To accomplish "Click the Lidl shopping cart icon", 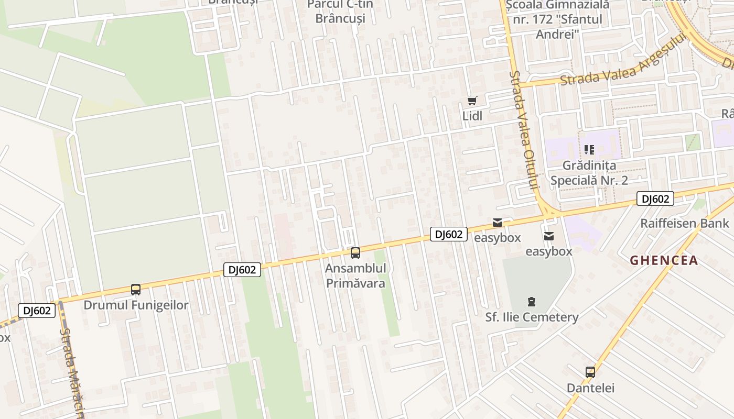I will pyautogui.click(x=472, y=101).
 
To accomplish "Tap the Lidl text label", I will pyautogui.click(x=472, y=116).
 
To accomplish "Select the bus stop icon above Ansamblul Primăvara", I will pyautogui.click(x=355, y=253).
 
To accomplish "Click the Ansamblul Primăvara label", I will pyautogui.click(x=355, y=276).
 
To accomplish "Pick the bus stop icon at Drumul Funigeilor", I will pyautogui.click(x=136, y=289).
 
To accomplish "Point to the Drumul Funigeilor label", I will pyautogui.click(x=136, y=305).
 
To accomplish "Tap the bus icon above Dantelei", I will pyautogui.click(x=590, y=372).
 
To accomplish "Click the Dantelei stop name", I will pyautogui.click(x=590, y=388).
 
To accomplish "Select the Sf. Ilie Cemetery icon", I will pyautogui.click(x=532, y=302).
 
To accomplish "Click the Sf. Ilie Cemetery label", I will pyautogui.click(x=532, y=317).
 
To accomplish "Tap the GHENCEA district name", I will pyautogui.click(x=664, y=260).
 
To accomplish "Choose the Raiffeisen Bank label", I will pyautogui.click(x=684, y=224).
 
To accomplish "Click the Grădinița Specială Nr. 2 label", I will pyautogui.click(x=589, y=173).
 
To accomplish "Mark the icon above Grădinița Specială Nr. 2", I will pyautogui.click(x=589, y=150).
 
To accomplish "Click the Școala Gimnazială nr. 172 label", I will pyautogui.click(x=557, y=20).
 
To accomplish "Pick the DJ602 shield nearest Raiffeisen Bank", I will pyautogui.click(x=655, y=199).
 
